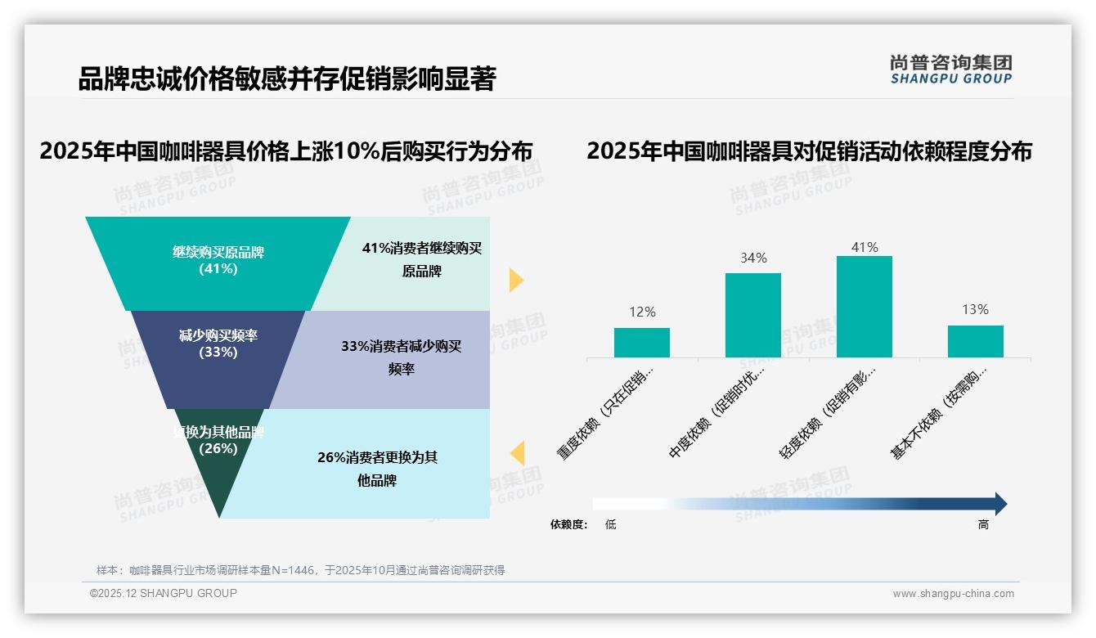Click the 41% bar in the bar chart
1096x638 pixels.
point(864,307)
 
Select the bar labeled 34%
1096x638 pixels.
point(752,315)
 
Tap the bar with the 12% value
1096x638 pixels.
point(641,343)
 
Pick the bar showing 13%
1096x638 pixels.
point(975,341)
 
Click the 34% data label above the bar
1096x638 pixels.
point(753,258)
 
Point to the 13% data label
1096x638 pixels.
point(975,309)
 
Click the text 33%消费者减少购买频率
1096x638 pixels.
point(401,357)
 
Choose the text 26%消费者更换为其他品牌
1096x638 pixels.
point(377,469)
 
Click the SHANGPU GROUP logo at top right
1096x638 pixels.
point(950,70)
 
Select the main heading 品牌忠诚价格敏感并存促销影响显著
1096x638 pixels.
point(286,79)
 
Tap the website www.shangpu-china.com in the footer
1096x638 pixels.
point(953,594)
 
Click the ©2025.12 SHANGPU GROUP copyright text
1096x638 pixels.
point(164,593)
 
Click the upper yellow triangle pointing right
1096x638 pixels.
point(515,280)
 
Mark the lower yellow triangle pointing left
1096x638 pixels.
point(517,453)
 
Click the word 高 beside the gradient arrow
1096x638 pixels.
point(983,525)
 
